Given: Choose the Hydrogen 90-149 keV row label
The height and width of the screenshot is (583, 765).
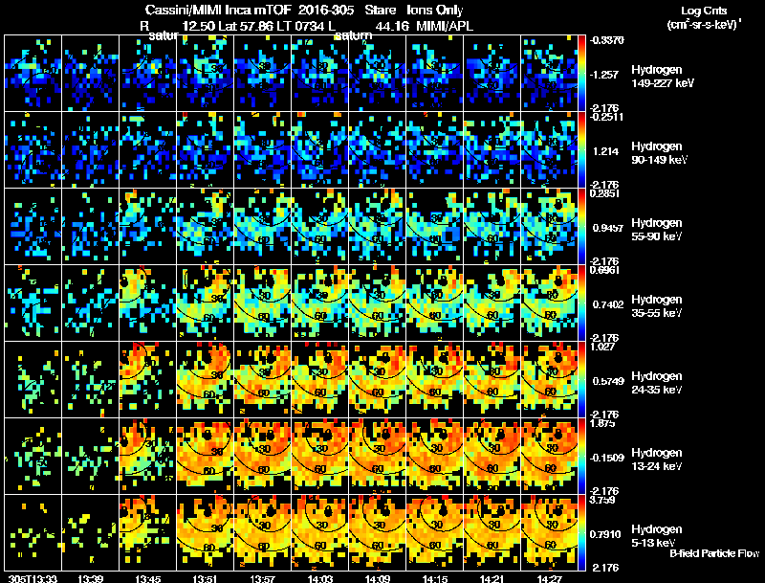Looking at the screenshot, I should tap(660, 152).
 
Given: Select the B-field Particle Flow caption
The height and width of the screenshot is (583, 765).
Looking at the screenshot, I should tap(714, 553).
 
